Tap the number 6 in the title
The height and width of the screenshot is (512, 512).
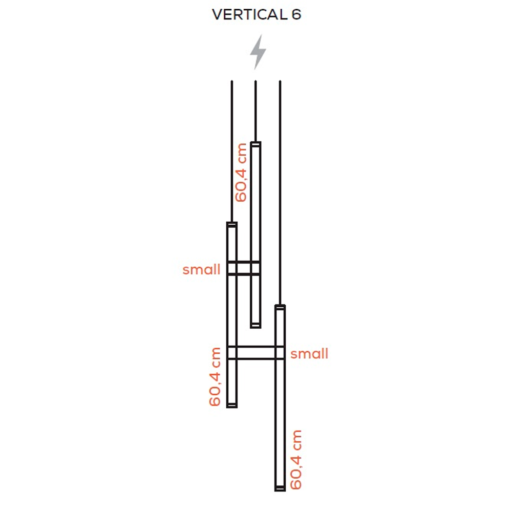[296, 15]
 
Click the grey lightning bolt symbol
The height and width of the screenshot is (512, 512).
[258, 52]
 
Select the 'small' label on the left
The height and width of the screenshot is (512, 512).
[201, 270]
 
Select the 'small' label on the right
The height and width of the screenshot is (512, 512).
[309, 354]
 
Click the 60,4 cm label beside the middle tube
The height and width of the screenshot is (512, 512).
[241, 173]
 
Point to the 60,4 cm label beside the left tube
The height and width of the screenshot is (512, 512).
[215, 377]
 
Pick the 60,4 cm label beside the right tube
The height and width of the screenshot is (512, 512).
[296, 460]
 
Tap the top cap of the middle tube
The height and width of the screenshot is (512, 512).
[255, 144]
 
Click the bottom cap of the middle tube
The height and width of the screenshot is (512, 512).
[255, 326]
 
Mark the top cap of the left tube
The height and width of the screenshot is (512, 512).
[232, 224]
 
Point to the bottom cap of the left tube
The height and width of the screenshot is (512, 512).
[232, 405]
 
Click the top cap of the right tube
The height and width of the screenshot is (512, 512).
[280, 307]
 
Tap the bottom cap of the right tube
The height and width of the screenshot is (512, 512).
[280, 488]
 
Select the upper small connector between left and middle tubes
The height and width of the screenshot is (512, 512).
[244, 268]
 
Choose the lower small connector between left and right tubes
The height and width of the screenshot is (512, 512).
[255, 352]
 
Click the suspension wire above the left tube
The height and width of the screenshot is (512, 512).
[232, 151]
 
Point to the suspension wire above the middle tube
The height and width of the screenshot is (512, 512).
[255, 111]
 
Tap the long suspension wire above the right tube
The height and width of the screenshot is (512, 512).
[280, 193]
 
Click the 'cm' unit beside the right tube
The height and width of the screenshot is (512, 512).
[296, 439]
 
